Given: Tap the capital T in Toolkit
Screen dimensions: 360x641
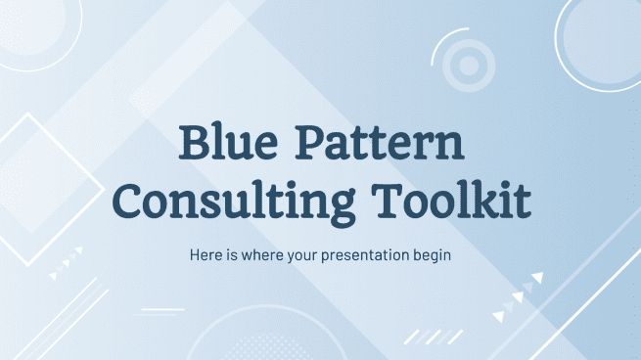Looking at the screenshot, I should click(400, 201).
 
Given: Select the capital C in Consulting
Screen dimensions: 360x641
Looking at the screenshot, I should click(133, 202).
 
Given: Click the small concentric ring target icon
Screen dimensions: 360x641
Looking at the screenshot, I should click(469, 65).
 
